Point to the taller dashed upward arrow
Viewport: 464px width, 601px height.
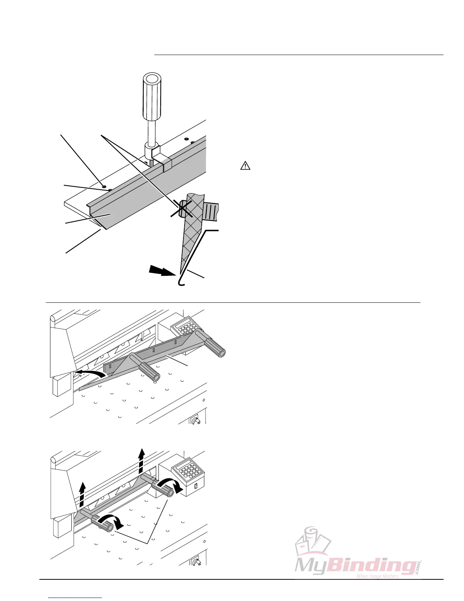click(x=141, y=460)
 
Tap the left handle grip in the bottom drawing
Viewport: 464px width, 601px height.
click(x=105, y=525)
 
